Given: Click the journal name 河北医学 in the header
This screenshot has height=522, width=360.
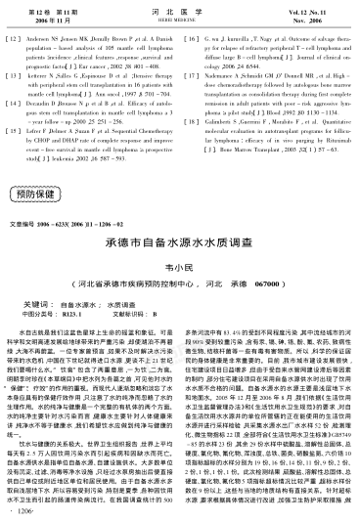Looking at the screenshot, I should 179,10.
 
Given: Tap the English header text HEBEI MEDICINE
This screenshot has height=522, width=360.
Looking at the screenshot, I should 179,19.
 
